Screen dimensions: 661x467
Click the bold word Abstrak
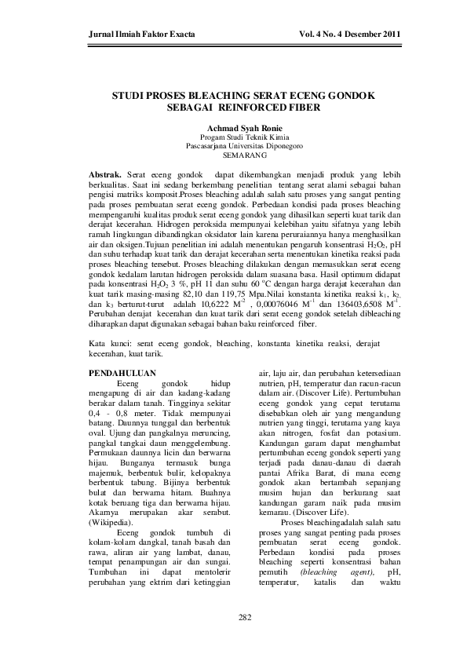point(105,171)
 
